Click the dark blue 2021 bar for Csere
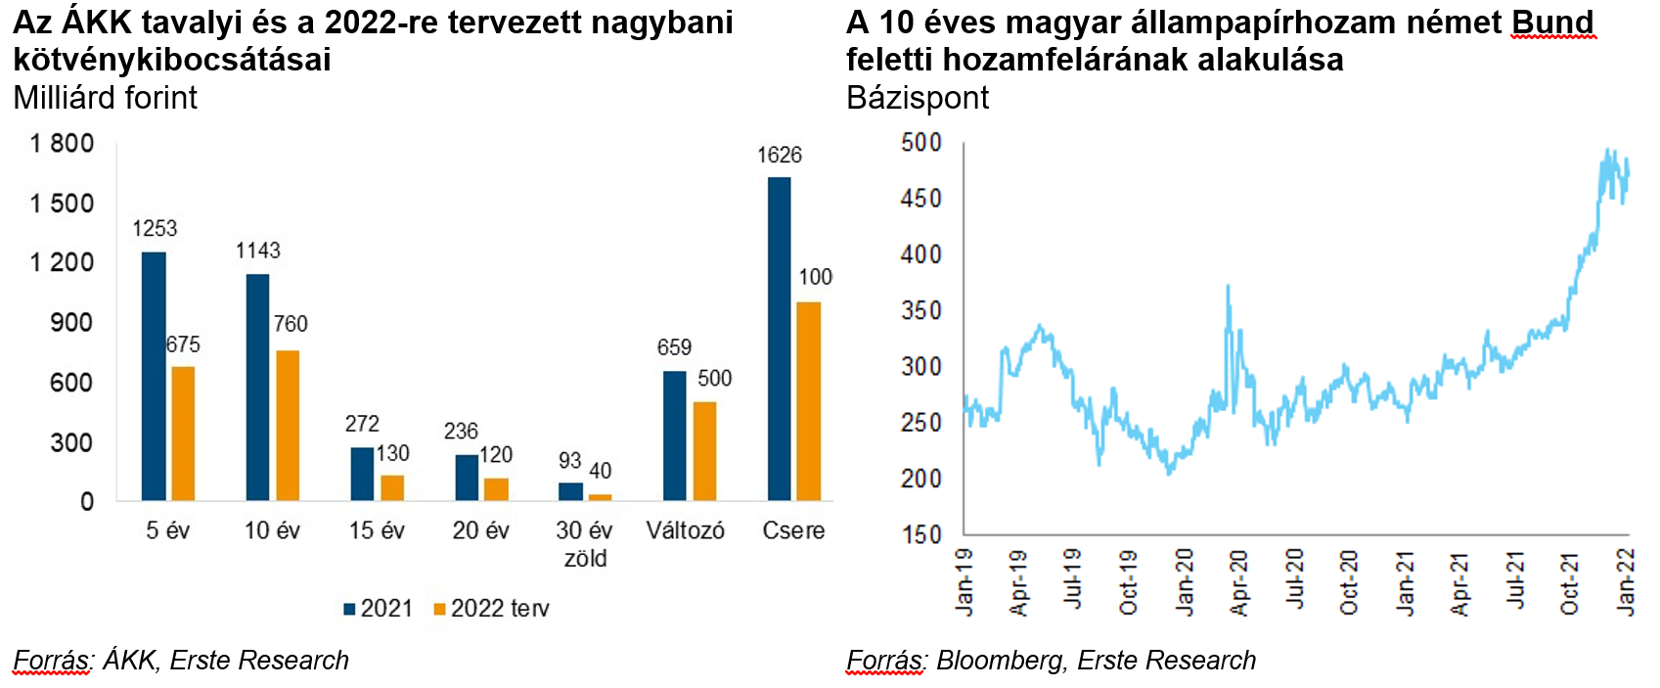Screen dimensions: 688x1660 (779, 339)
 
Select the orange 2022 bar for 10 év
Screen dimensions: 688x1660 (288, 426)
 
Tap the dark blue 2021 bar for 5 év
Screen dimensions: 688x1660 (154, 377)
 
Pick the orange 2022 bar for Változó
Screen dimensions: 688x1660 (704, 451)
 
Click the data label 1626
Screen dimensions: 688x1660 (779, 156)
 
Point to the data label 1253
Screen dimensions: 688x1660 (155, 229)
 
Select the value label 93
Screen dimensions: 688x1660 (570, 461)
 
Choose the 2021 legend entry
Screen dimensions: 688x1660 (379, 609)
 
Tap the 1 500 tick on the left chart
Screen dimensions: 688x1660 (63, 204)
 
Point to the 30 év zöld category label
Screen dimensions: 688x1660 (584, 544)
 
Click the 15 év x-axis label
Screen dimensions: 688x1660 (377, 530)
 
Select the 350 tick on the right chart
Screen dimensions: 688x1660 (920, 311)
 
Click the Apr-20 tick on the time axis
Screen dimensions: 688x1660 (1238, 583)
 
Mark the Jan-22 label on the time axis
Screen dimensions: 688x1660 (1625, 583)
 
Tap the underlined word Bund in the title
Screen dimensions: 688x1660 (1553, 23)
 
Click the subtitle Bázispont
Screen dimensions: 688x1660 (918, 98)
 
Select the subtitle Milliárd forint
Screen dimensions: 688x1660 (106, 98)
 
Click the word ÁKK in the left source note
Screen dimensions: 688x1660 (129, 661)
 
